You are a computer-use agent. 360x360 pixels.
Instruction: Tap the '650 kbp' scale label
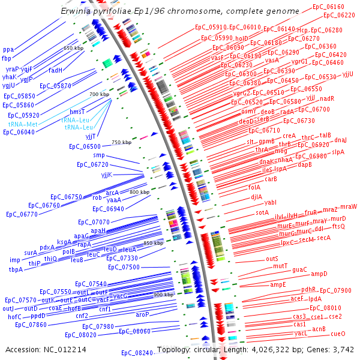click(x=73, y=48)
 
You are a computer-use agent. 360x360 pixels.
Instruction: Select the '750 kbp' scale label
click(x=121, y=142)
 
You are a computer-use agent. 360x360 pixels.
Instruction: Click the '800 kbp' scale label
click(x=139, y=192)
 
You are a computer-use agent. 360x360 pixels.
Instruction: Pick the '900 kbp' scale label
click(x=163, y=295)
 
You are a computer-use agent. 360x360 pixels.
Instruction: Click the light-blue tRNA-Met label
click(x=22, y=124)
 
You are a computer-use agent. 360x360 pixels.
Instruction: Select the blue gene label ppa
click(x=8, y=50)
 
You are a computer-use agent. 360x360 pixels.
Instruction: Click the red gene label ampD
click(x=319, y=274)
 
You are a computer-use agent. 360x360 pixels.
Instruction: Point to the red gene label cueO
click(x=338, y=333)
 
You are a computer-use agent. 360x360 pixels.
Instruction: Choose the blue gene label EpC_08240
click(x=137, y=353)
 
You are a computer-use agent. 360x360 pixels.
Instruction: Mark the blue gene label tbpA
click(x=16, y=269)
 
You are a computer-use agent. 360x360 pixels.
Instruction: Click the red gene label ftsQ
click(x=338, y=226)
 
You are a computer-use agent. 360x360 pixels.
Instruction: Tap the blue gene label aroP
click(x=142, y=314)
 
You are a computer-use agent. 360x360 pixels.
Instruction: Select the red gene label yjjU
click(x=348, y=74)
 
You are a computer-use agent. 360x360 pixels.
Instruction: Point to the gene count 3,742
click(x=342, y=349)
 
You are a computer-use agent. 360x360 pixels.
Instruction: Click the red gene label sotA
click(x=262, y=212)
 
